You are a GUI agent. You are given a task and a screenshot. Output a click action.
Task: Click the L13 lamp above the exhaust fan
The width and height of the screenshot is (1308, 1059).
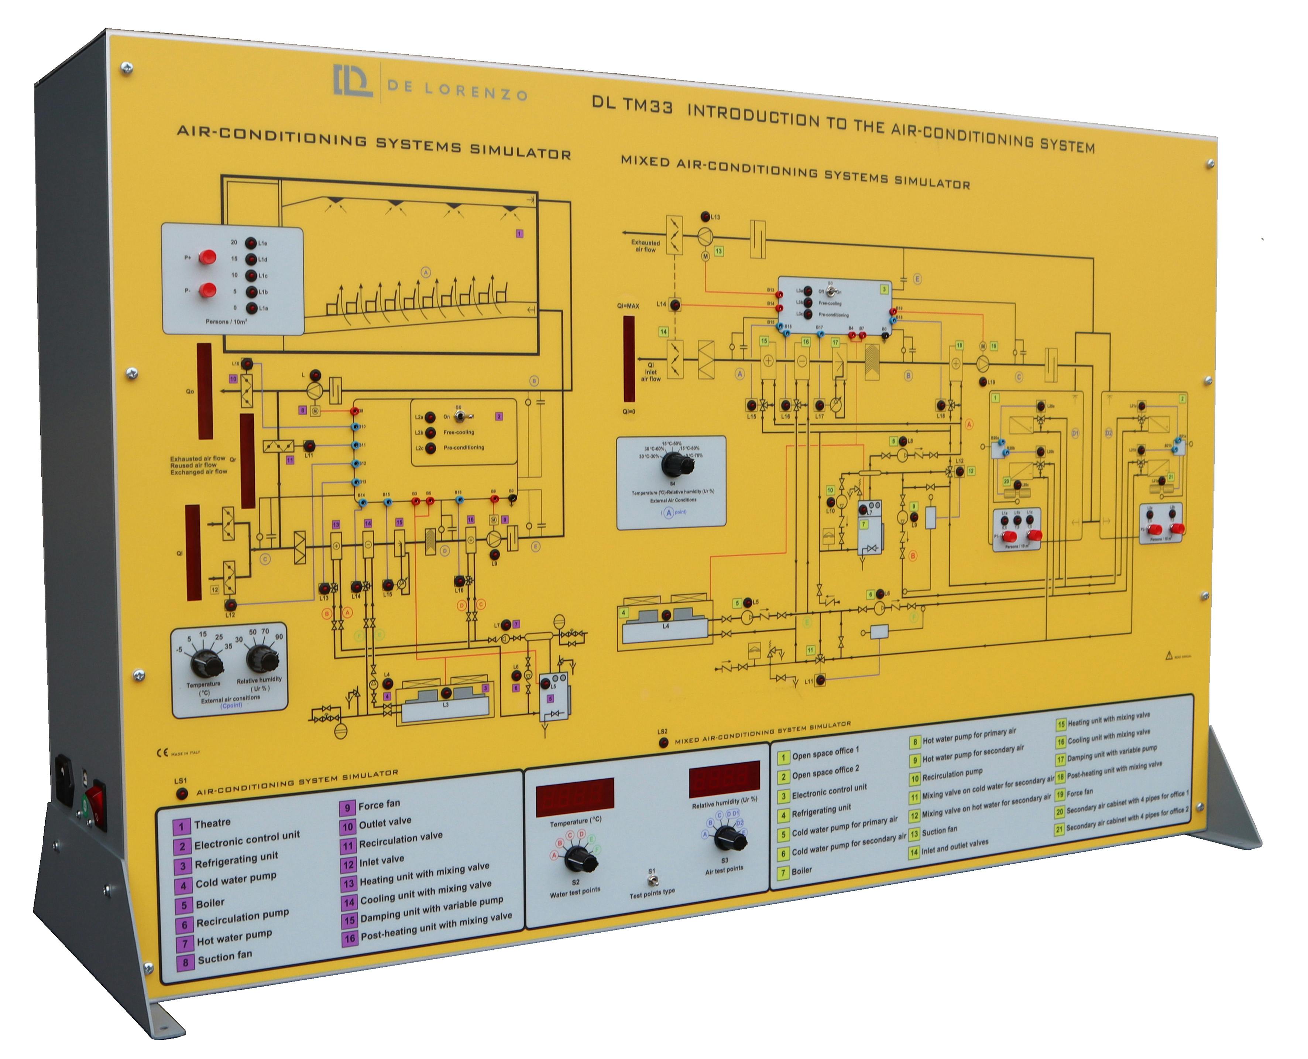point(706,216)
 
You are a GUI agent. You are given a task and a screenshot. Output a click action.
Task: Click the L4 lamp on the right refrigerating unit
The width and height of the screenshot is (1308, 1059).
point(666,615)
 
